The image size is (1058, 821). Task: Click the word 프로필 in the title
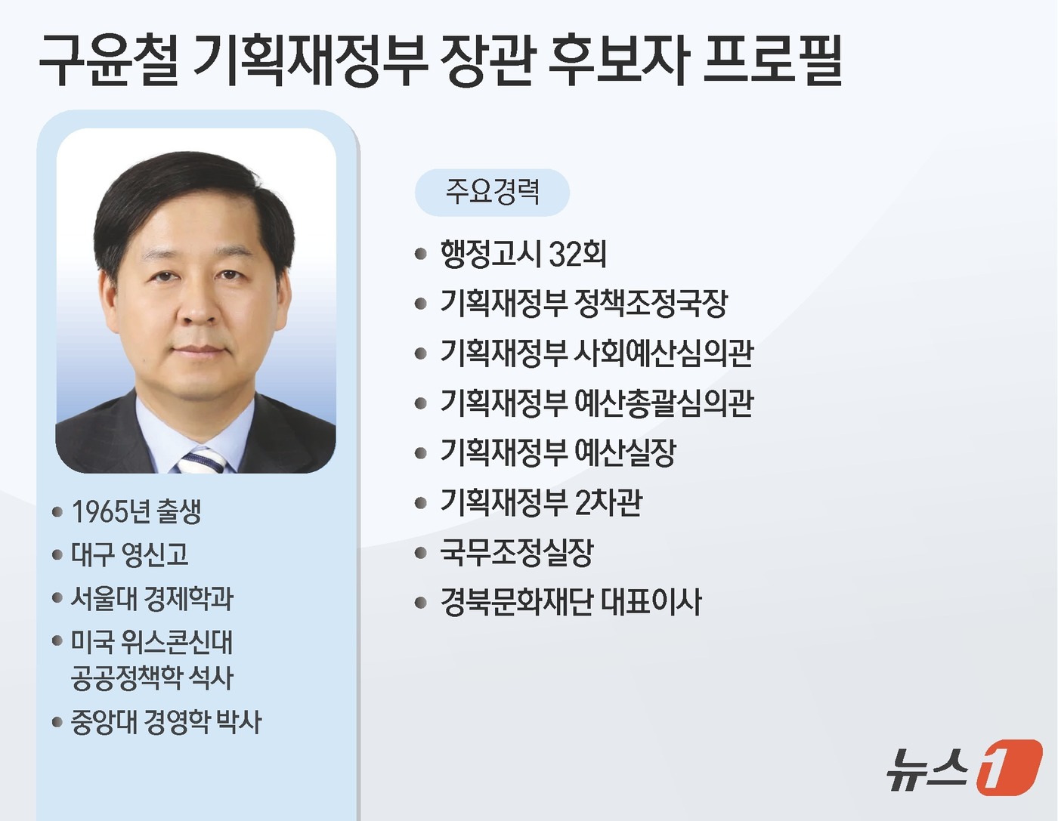tap(772, 59)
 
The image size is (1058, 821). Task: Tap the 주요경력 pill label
tap(492, 192)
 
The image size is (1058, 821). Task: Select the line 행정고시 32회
tap(523, 254)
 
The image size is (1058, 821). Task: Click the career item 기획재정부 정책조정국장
tap(583, 303)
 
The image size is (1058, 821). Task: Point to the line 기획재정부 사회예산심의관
tap(596, 353)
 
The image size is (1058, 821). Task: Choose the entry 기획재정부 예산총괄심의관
tap(596, 403)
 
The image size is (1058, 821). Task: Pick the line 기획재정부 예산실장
tap(558, 452)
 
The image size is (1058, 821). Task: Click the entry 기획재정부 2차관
tap(541, 502)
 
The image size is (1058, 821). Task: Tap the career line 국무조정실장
tap(517, 552)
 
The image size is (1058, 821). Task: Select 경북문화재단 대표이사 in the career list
tap(571, 602)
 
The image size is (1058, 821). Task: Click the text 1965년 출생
tap(136, 512)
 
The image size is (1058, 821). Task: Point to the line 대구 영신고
tap(129, 555)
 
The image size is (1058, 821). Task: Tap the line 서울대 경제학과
tap(152, 599)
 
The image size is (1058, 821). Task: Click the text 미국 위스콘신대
tap(152, 642)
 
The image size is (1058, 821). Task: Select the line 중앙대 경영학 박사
tap(166, 722)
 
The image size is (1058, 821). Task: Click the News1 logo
tap(964, 768)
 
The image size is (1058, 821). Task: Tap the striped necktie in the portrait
tap(203, 460)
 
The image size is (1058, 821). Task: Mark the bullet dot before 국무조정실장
tap(421, 553)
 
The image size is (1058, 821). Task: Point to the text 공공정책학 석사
tap(152, 677)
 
